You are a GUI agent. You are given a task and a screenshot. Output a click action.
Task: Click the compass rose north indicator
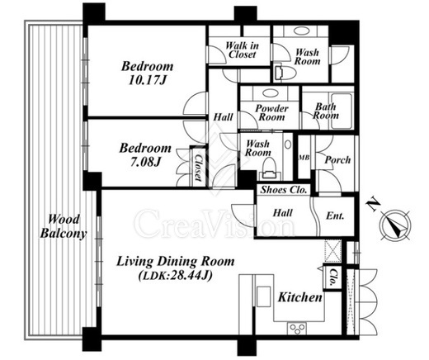(394, 225)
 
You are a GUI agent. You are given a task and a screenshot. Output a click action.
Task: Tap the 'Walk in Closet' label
(242, 50)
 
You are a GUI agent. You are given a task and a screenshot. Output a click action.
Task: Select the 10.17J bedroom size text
(148, 80)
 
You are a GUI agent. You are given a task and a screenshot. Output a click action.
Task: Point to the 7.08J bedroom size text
(145, 162)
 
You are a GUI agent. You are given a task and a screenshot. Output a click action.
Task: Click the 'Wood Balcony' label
(64, 226)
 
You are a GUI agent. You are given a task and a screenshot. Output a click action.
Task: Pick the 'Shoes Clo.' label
(284, 190)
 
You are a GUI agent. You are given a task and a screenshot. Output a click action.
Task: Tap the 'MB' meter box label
(304, 158)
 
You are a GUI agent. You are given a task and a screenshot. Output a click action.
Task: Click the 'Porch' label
(337, 160)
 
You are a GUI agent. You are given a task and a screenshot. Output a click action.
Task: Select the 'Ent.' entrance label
(335, 216)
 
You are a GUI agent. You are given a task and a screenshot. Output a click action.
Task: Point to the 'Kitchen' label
(300, 297)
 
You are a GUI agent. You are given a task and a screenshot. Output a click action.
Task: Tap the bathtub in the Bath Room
(342, 111)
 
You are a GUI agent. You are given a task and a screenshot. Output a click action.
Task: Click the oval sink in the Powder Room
(270, 93)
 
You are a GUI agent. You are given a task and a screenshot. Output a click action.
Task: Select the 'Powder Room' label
(271, 113)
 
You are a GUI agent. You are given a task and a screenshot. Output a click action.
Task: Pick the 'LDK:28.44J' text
(175, 275)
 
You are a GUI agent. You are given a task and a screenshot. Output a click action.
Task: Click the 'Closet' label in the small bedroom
(198, 168)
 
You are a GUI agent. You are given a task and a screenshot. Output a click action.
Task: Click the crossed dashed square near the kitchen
(332, 251)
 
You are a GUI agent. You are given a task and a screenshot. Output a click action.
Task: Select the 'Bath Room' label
(326, 111)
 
